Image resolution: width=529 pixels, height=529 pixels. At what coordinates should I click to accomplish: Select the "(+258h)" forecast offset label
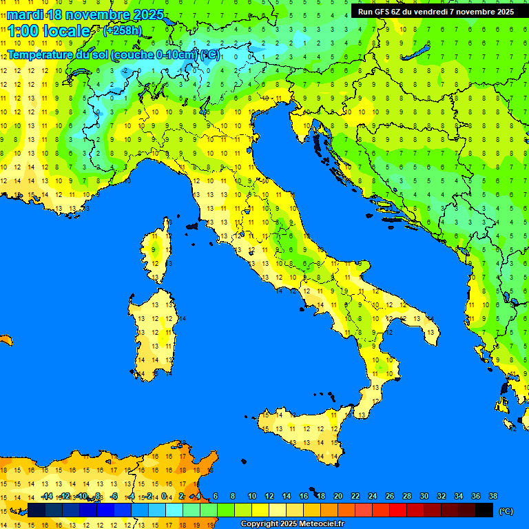tap(122, 30)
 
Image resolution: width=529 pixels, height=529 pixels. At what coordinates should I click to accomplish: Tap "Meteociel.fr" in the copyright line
tap(317, 524)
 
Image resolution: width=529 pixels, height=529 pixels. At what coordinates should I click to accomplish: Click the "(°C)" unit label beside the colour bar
tap(506, 511)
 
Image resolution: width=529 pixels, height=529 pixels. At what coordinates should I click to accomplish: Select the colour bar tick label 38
tap(493, 496)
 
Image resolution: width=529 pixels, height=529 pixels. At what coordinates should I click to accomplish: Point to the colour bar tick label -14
tap(46, 496)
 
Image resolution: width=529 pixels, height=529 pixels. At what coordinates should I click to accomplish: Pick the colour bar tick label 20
tap(338, 496)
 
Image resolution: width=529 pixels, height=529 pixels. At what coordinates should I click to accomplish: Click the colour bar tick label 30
tap(424, 496)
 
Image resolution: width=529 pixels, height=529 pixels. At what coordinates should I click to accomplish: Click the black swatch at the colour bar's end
tap(484, 510)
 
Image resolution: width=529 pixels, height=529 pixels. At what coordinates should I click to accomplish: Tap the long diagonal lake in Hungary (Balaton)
tap(417, 54)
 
